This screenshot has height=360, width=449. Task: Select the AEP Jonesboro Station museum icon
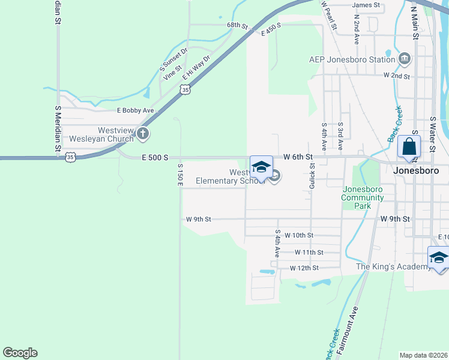click(x=405, y=59)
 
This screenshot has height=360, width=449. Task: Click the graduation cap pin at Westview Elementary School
click(x=261, y=167)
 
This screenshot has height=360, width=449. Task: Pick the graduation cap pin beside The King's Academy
click(x=439, y=258)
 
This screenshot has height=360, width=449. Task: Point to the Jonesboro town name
click(x=417, y=170)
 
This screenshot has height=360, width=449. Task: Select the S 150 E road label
click(x=179, y=173)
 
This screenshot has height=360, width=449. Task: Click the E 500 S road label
click(x=153, y=157)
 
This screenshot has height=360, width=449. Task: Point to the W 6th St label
click(x=299, y=157)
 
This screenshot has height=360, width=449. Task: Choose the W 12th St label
click(x=305, y=268)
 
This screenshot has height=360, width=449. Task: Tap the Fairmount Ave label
click(x=347, y=331)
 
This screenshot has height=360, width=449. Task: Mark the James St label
click(x=367, y=5)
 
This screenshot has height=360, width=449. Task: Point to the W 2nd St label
click(x=396, y=76)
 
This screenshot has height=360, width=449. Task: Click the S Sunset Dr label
click(x=174, y=60)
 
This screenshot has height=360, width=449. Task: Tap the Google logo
click(x=20, y=353)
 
